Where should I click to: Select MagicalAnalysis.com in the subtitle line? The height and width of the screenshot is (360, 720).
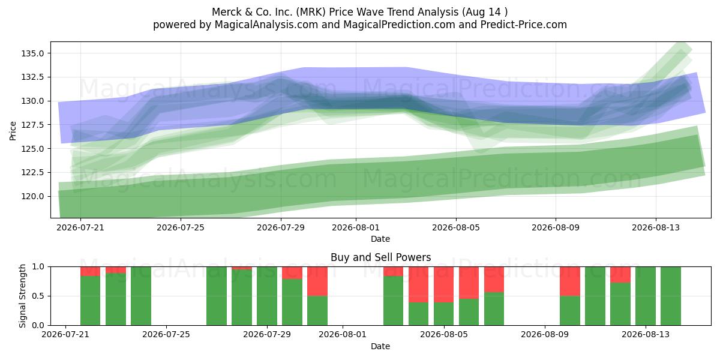pyautogui.click(x=266, y=25)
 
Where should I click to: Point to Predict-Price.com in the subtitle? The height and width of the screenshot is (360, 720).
pyautogui.click(x=524, y=25)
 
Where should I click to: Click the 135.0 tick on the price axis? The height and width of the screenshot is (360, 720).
pyautogui.click(x=33, y=53)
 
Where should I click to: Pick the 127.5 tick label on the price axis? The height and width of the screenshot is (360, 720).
pyautogui.click(x=33, y=125)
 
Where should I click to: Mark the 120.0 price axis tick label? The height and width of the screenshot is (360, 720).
pyautogui.click(x=33, y=196)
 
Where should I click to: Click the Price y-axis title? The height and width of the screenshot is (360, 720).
pyautogui.click(x=13, y=131)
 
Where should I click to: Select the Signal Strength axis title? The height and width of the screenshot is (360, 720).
pyautogui.click(x=22, y=296)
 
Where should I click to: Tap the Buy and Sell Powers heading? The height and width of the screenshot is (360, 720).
pyautogui.click(x=380, y=257)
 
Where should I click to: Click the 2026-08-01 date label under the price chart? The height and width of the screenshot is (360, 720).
pyautogui.click(x=356, y=227)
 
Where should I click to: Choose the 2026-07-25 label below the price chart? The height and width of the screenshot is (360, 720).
pyautogui.click(x=181, y=227)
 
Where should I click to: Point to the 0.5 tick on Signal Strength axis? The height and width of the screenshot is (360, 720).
pyautogui.click(x=38, y=296)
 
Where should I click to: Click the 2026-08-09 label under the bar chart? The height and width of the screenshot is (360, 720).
pyautogui.click(x=545, y=335)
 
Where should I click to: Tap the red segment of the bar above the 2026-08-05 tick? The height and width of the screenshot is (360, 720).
pyautogui.click(x=444, y=284)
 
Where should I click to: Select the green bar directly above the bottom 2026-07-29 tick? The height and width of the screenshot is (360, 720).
pyautogui.click(x=267, y=296)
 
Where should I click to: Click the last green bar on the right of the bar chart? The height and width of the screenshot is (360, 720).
pyautogui.click(x=671, y=296)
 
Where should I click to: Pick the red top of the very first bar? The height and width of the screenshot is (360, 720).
pyautogui.click(x=91, y=271)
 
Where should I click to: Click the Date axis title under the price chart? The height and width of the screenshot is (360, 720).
pyautogui.click(x=380, y=239)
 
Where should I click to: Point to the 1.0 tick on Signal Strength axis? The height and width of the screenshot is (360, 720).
pyautogui.click(x=38, y=267)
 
